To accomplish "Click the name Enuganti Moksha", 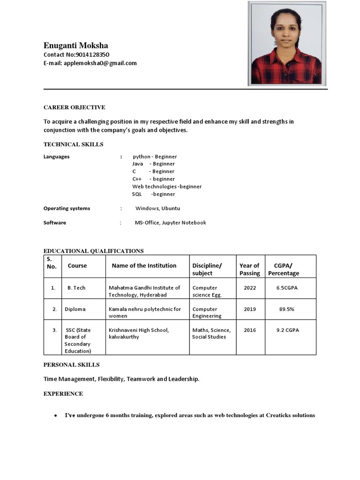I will [75, 45].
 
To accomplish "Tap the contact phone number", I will [92, 54].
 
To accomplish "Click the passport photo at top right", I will [287, 44].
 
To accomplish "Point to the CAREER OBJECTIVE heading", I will [74, 107].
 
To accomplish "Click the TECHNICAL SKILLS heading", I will [73, 144].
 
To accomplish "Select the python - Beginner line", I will [155, 157].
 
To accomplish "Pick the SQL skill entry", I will [153, 194].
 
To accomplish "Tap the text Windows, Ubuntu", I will [157, 208].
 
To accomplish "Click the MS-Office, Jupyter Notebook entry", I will [170, 223].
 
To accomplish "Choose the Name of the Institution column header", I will [144, 265].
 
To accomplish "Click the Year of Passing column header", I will [249, 269].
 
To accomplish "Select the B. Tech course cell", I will [76, 288].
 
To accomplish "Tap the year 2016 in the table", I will [250, 330].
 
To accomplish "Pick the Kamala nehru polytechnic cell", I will [145, 312].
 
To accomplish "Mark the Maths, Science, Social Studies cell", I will [211, 333].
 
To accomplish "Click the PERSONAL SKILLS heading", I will [71, 365].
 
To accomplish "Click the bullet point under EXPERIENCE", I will [56, 416].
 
